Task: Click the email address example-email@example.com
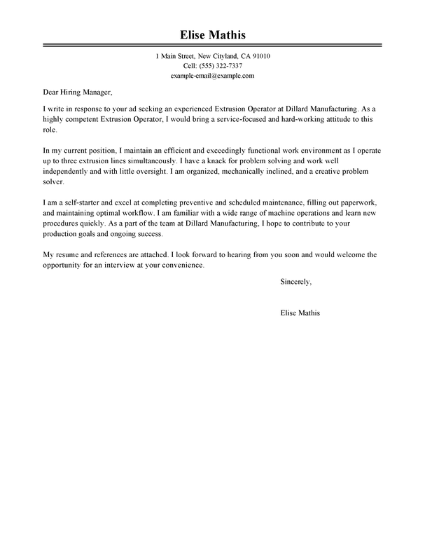[212, 76]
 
